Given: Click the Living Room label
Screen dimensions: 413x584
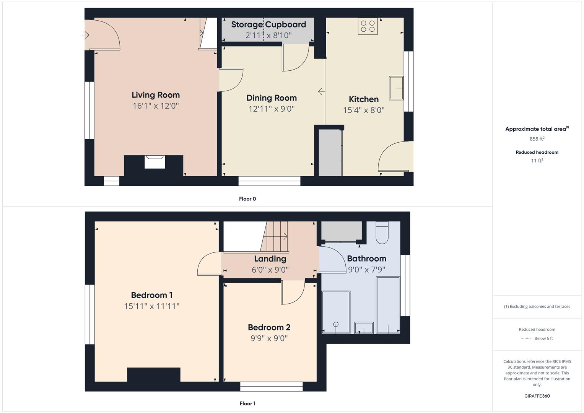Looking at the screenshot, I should tap(155, 95).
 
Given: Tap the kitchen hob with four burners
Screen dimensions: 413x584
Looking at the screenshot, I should tap(368, 26).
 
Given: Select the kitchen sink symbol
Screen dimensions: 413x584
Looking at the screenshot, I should tap(396, 88).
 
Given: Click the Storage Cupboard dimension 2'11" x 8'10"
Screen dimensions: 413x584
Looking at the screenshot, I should tap(268, 36).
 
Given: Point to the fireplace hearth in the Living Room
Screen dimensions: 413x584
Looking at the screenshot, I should tap(155, 162).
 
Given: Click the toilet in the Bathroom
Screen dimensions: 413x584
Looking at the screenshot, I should tap(382, 233).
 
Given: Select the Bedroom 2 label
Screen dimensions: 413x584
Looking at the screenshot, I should tap(269, 327).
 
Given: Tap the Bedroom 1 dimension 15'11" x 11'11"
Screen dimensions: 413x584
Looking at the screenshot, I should tap(151, 306).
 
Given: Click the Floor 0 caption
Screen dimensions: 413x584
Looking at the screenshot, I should tap(247, 199).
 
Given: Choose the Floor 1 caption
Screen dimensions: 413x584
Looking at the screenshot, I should tap(247, 403).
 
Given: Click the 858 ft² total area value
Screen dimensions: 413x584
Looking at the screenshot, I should tap(537, 139).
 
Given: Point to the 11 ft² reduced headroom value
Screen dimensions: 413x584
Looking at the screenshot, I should tap(537, 161).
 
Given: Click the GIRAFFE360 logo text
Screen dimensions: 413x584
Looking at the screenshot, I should tap(537, 396).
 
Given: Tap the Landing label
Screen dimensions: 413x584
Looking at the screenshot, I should tap(270, 259).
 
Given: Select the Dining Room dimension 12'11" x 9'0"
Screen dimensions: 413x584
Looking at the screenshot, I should tap(271, 109).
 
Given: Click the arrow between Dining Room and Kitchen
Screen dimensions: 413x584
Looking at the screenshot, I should tap(321, 92).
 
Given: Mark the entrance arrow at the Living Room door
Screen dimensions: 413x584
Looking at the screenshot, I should tap(85, 35).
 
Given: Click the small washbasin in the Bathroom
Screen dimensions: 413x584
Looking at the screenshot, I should tap(364, 328).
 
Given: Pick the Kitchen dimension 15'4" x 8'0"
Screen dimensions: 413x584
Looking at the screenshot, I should tap(363, 110).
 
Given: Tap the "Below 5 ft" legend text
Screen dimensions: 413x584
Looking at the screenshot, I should tap(543, 338).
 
